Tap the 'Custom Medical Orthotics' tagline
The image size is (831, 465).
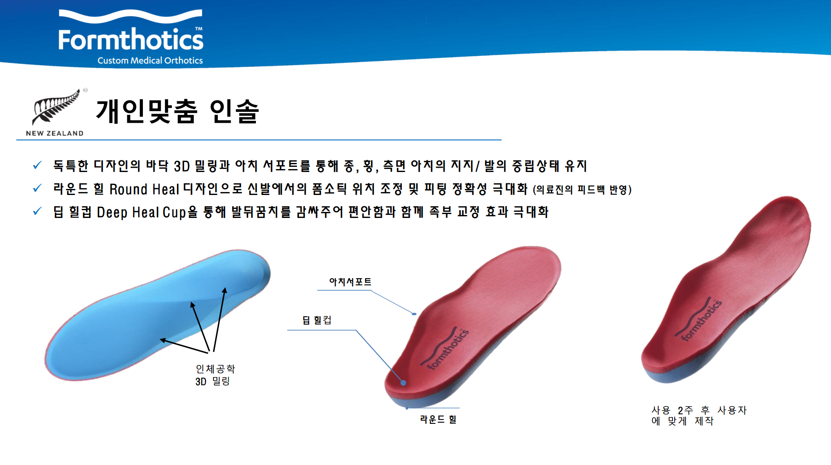point(150,61)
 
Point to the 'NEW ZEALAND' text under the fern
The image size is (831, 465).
point(55,133)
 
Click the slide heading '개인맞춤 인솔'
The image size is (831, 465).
point(178,111)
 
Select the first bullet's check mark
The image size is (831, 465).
point(37,165)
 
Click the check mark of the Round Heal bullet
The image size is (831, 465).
point(37,188)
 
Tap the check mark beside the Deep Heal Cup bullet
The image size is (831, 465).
point(37,211)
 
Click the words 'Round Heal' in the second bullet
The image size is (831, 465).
point(144,189)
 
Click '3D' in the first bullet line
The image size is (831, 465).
point(182,166)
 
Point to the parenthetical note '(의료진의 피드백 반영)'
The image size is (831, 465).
point(582,190)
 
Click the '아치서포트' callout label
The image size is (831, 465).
point(350,282)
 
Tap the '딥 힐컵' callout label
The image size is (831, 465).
point(317,320)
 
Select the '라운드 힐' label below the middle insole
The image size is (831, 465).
point(438,419)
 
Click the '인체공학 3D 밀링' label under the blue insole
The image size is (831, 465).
point(215,375)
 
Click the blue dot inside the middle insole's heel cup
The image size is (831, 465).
point(403,383)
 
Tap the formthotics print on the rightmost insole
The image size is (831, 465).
point(698,319)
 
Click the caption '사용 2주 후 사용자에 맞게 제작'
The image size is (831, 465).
point(699,416)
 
